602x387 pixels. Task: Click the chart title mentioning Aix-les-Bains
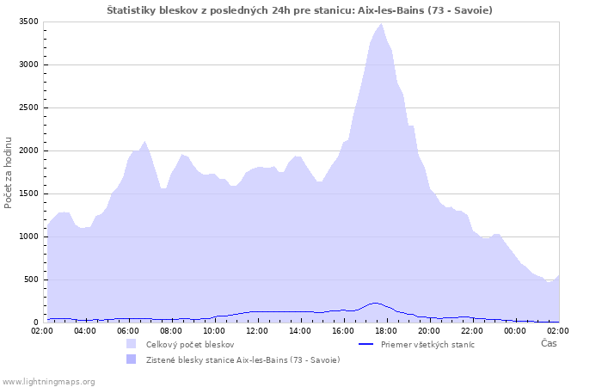point(299,10)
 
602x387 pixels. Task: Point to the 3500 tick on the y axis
point(28,21)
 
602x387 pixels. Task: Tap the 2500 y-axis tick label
point(28,107)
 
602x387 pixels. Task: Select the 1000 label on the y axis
point(28,236)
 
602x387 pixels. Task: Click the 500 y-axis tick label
point(31,279)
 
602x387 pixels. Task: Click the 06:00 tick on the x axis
point(128,331)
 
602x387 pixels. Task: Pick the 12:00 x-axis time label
point(257,331)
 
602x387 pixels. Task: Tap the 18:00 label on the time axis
point(386,331)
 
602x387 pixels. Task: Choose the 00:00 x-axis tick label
point(515,331)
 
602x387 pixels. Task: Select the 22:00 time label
point(472,331)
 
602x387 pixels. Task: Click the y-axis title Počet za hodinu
point(8,173)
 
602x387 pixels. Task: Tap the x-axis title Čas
point(549,343)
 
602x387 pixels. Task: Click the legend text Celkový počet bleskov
point(190,345)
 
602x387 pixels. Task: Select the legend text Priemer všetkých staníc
point(427,344)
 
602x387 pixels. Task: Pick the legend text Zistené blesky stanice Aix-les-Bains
point(243,360)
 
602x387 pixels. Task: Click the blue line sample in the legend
point(365,344)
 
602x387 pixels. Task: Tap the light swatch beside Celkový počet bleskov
point(132,344)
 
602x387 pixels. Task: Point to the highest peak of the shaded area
point(381,24)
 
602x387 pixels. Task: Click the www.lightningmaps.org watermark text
point(48,382)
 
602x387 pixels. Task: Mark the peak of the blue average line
point(375,303)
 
